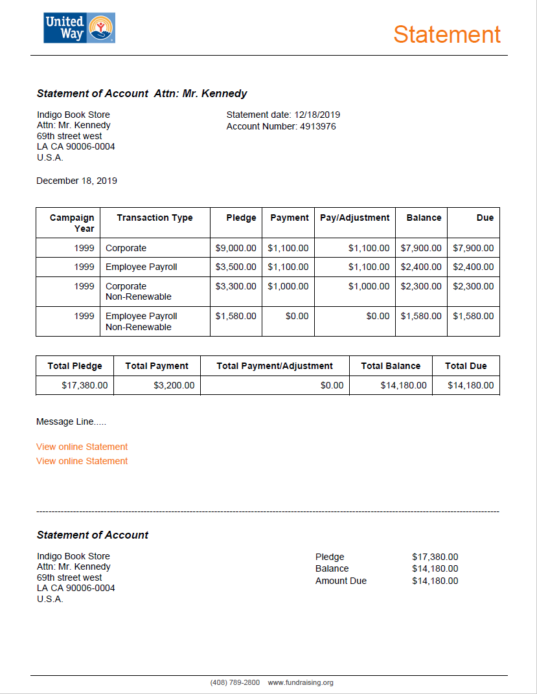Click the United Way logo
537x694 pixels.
click(x=79, y=28)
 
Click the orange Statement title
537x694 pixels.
click(x=447, y=34)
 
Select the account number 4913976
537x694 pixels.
click(x=317, y=126)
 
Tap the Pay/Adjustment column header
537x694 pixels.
click(x=354, y=218)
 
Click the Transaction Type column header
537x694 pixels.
click(x=155, y=218)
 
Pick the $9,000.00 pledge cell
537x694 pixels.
click(x=236, y=248)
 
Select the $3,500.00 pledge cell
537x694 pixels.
click(x=236, y=267)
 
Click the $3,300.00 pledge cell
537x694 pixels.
click(x=236, y=286)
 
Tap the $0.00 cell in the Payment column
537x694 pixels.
click(x=297, y=316)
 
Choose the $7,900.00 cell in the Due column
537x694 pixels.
click(x=473, y=248)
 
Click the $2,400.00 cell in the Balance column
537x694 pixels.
click(x=421, y=267)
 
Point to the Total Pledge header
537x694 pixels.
click(x=74, y=366)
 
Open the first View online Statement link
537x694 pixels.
click(x=82, y=447)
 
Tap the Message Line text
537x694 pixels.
click(x=71, y=421)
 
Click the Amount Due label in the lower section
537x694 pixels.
click(x=341, y=581)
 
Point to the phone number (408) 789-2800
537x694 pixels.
click(x=234, y=682)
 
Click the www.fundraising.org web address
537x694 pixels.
click(x=301, y=682)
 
